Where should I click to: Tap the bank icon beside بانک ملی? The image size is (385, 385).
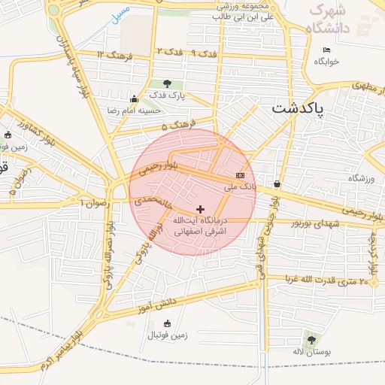click(240, 175)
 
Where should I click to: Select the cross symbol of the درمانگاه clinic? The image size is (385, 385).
click(200, 209)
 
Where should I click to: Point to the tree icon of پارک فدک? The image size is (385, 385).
click(166, 83)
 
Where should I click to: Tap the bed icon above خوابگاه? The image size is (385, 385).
click(326, 50)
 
